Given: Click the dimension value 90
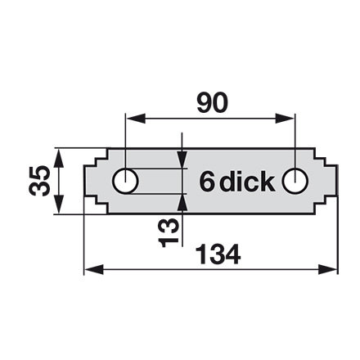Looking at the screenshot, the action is tap(212, 103).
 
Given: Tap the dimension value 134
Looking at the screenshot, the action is tap(218, 254).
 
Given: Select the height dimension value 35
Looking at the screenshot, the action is tap(39, 181).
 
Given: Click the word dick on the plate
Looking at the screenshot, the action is tap(247, 181).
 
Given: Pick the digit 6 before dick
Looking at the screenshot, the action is tap(206, 182).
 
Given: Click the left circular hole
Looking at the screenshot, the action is tap(125, 181).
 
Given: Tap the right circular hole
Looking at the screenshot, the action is tap(295, 181).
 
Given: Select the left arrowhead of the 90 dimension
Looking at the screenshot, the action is tap(135, 119).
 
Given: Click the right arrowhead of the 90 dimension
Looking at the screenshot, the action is tap(285, 119).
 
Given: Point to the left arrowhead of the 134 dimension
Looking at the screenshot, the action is tap(94, 270).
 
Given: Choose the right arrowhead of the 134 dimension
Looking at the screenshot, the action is tap(328, 270).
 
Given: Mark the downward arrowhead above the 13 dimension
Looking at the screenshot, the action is tap(182, 160).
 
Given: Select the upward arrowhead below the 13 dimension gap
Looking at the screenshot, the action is tap(182, 203).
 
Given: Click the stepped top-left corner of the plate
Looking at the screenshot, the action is tap(96, 157).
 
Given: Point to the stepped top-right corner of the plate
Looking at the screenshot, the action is tap(325, 157).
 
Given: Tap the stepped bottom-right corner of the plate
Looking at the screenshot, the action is tap(325, 205).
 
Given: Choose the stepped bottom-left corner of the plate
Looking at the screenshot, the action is tap(96, 205).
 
